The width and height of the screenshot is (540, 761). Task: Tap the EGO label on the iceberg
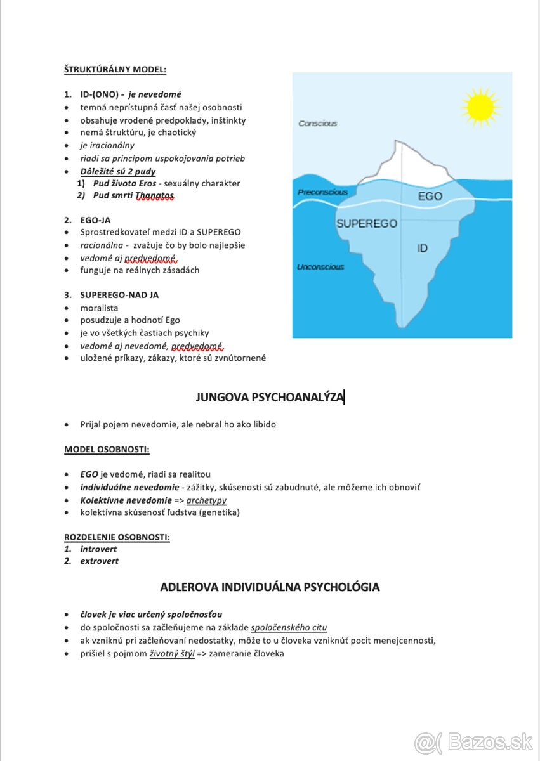[x=430, y=197]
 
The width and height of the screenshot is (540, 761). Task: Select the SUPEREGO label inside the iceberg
[x=367, y=223]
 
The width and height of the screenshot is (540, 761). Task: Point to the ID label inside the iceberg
[x=423, y=249]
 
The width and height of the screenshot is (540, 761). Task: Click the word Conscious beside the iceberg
[x=318, y=124]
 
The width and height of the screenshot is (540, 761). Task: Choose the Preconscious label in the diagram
[x=322, y=192]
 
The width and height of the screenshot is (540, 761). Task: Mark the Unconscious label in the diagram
[x=320, y=267]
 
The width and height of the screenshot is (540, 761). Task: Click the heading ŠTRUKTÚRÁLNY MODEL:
[x=115, y=69]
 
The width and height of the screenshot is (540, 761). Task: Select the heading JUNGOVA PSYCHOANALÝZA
[x=270, y=398]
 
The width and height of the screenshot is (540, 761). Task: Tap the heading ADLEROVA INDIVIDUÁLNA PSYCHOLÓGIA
[x=270, y=587]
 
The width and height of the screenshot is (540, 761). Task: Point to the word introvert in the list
[x=98, y=549]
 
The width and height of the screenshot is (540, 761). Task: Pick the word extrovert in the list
[x=99, y=561]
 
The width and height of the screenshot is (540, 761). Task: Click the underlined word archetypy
[x=206, y=500]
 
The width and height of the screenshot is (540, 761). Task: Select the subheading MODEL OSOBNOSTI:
[x=107, y=450]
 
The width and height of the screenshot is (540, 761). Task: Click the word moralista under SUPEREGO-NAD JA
[x=99, y=308]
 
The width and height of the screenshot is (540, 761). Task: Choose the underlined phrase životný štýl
[x=172, y=654]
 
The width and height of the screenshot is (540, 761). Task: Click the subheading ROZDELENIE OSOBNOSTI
[x=116, y=537]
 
